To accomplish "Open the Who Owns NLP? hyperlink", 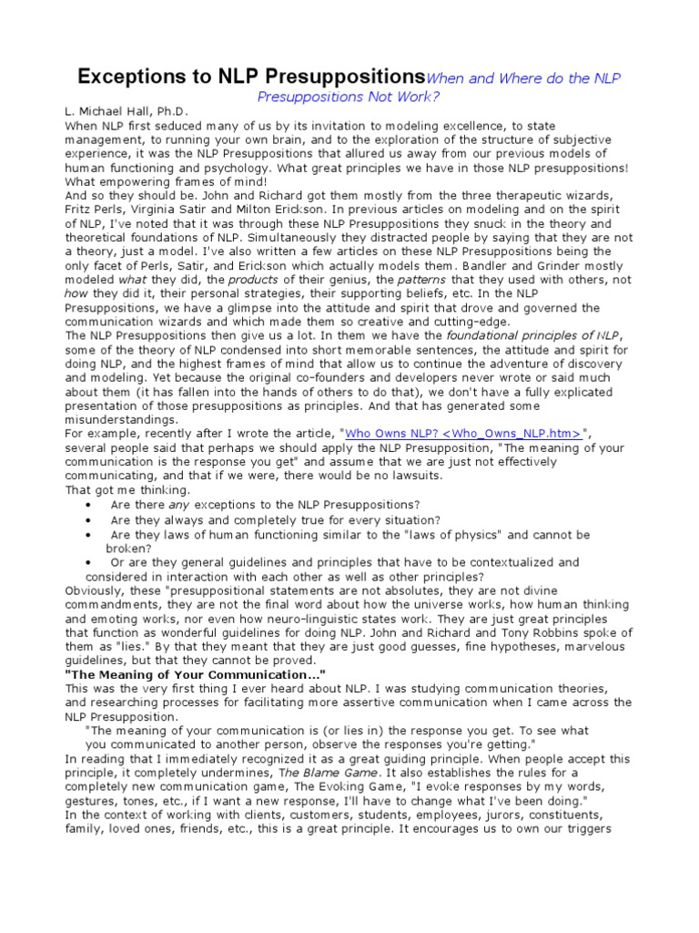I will pos(463,434).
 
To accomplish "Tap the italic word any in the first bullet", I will pos(179,505).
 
